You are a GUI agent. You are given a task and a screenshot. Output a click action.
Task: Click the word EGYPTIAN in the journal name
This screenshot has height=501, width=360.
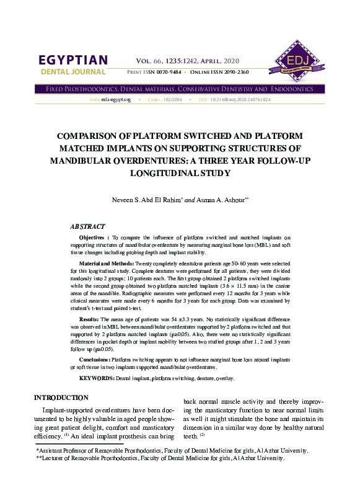[73, 61]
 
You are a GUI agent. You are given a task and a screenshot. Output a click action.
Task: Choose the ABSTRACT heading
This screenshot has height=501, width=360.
[87, 227]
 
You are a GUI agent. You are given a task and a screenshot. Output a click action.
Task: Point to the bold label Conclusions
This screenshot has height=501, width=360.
[96, 360]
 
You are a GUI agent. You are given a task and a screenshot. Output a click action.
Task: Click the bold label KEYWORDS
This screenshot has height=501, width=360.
[97, 378]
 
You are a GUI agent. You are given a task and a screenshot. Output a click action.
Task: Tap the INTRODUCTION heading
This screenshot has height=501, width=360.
[61, 397]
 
